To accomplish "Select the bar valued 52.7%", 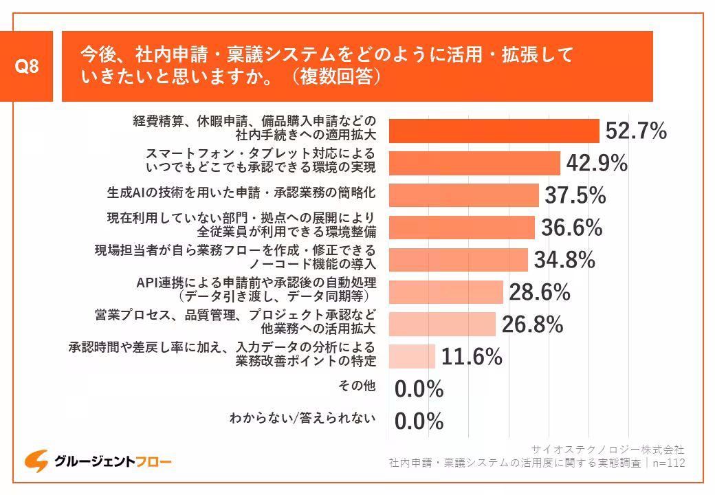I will click(494, 131).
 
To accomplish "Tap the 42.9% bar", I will click(474, 163).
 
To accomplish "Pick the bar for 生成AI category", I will click(463, 195).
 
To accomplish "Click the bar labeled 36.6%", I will click(461, 228).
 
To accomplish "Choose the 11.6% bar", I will click(412, 356).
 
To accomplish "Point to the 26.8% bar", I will click(442, 324).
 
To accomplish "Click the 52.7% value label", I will click(636, 131).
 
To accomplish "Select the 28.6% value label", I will click(540, 292).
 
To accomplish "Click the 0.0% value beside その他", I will click(419, 389).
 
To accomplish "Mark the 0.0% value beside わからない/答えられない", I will click(419, 421).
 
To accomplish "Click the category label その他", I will click(357, 386).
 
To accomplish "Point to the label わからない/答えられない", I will click(302, 417).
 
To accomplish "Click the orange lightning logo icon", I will click(36, 461).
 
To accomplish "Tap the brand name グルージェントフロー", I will click(113, 461).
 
